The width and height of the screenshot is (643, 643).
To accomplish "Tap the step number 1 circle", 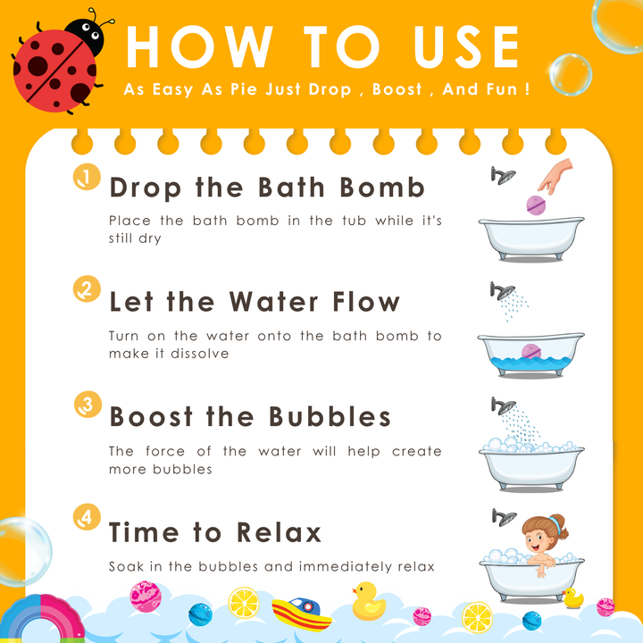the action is point(87,177).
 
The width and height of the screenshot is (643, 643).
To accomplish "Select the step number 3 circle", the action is point(88,405).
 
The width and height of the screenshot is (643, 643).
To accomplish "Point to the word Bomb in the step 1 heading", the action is point(382,188).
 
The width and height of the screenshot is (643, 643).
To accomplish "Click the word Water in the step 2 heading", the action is point(273,302).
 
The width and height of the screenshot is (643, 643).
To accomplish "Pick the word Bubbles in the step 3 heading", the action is point(330,417).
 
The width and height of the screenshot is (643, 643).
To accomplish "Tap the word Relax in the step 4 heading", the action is point(279,532).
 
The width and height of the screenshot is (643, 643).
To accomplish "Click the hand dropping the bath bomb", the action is point(555,176).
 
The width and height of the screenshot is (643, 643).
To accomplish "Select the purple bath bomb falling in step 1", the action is point(536,205).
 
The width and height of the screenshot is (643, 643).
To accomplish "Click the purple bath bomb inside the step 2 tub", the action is point(531,352).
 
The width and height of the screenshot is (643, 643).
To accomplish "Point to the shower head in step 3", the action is point(504,405).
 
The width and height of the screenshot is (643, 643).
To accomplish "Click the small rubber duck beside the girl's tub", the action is point(572,597).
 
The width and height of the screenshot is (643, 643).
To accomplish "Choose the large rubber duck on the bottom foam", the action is point(368,601).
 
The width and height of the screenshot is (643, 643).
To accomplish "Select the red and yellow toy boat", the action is point(302,614).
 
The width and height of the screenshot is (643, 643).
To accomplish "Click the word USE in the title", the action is point(466,46).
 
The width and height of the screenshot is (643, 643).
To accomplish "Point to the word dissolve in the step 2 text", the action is point(200,354).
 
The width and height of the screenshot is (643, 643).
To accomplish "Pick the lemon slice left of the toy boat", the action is point(244,603).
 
